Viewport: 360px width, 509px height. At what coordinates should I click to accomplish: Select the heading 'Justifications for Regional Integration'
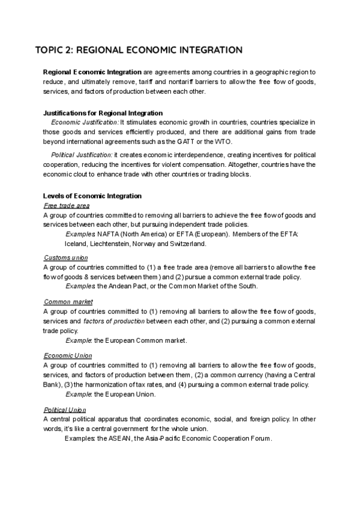click(x=103, y=113)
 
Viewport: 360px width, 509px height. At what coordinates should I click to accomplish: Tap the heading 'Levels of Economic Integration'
click(x=92, y=196)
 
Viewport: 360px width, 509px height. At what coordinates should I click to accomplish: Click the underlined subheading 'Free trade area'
click(x=67, y=205)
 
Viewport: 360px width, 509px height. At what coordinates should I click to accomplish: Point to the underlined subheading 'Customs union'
click(x=65, y=258)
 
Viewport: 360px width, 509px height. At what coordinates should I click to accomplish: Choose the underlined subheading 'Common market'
click(x=68, y=301)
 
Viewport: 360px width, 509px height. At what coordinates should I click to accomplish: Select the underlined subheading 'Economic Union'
click(x=68, y=355)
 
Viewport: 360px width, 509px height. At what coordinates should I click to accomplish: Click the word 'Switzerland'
click(x=187, y=244)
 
